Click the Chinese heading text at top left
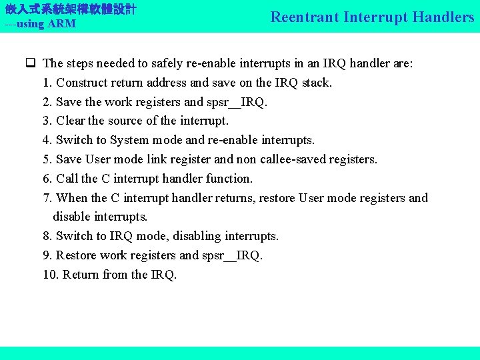click(x=71, y=9)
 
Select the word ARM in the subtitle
click(x=62, y=24)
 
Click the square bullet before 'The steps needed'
click(x=31, y=64)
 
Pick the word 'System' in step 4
click(x=130, y=141)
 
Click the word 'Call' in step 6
click(x=67, y=179)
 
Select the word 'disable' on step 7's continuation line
click(x=72, y=217)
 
